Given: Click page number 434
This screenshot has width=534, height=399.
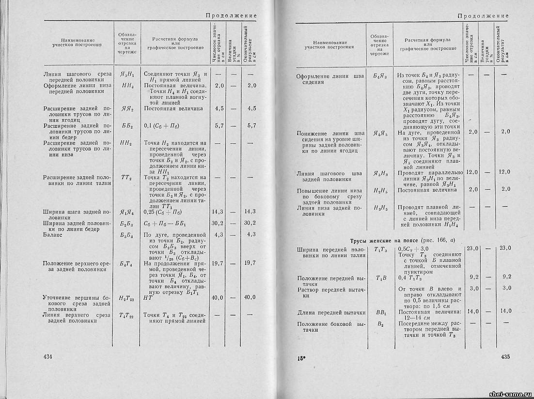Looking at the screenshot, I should coord(47,356).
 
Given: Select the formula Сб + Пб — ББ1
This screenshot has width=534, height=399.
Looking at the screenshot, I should coord(166,223).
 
